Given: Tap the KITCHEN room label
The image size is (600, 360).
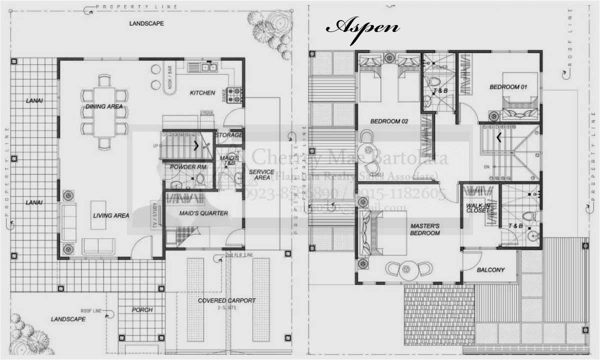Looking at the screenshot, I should tap(202, 93).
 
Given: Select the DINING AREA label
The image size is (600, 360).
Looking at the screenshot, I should tap(104, 106).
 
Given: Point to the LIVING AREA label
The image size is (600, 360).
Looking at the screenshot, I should tap(111, 215).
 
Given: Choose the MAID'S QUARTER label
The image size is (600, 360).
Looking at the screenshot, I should tap(203, 213).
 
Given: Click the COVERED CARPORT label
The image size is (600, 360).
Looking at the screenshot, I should tap(226, 300).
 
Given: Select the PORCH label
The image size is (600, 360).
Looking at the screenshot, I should tap(142, 309).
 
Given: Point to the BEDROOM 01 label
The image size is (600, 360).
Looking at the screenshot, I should tap(508, 87).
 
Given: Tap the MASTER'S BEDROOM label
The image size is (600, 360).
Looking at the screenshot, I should tap(425, 229).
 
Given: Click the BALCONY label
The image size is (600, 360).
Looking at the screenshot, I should tap(490, 270).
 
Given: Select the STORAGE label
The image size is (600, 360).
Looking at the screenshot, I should tap(228, 135).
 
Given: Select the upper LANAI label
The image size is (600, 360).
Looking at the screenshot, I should tap(34, 101).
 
